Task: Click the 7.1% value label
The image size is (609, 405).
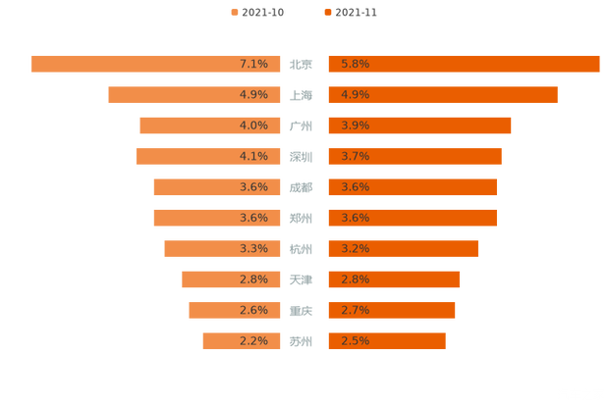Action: [253, 64]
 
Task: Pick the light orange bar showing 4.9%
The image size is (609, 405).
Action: [195, 95]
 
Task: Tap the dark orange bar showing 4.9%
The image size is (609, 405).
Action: [442, 95]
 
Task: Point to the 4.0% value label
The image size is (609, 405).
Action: [253, 126]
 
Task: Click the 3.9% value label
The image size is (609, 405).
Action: [355, 126]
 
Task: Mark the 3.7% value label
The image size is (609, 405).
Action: [355, 156]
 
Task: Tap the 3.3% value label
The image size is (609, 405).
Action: [253, 248]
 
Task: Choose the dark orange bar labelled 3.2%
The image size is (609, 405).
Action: [403, 248]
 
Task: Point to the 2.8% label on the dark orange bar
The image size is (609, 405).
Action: [355, 279]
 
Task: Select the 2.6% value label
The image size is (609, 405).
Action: [253, 310]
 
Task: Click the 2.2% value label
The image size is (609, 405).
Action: [253, 341]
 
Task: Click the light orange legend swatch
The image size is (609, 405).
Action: [234, 12]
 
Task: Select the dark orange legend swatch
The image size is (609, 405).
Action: [325, 12]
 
